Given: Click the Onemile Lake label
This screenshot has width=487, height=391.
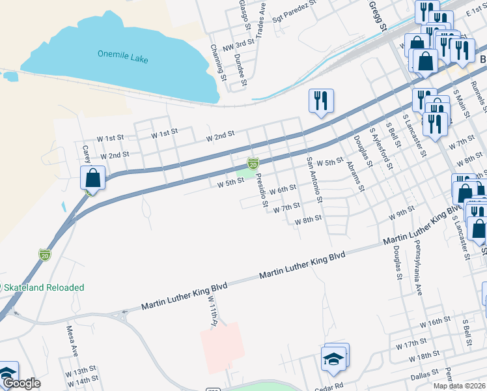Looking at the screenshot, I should tap(122, 57).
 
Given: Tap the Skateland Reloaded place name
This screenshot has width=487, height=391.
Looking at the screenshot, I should tap(45, 287).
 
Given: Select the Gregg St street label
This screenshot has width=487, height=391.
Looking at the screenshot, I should tap(378, 15).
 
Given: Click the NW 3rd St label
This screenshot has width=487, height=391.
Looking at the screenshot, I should tap(238, 46).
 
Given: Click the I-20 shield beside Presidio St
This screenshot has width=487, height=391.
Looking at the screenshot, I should tap(253, 162).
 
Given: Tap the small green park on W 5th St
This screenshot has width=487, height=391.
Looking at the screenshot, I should tap(244, 173).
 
